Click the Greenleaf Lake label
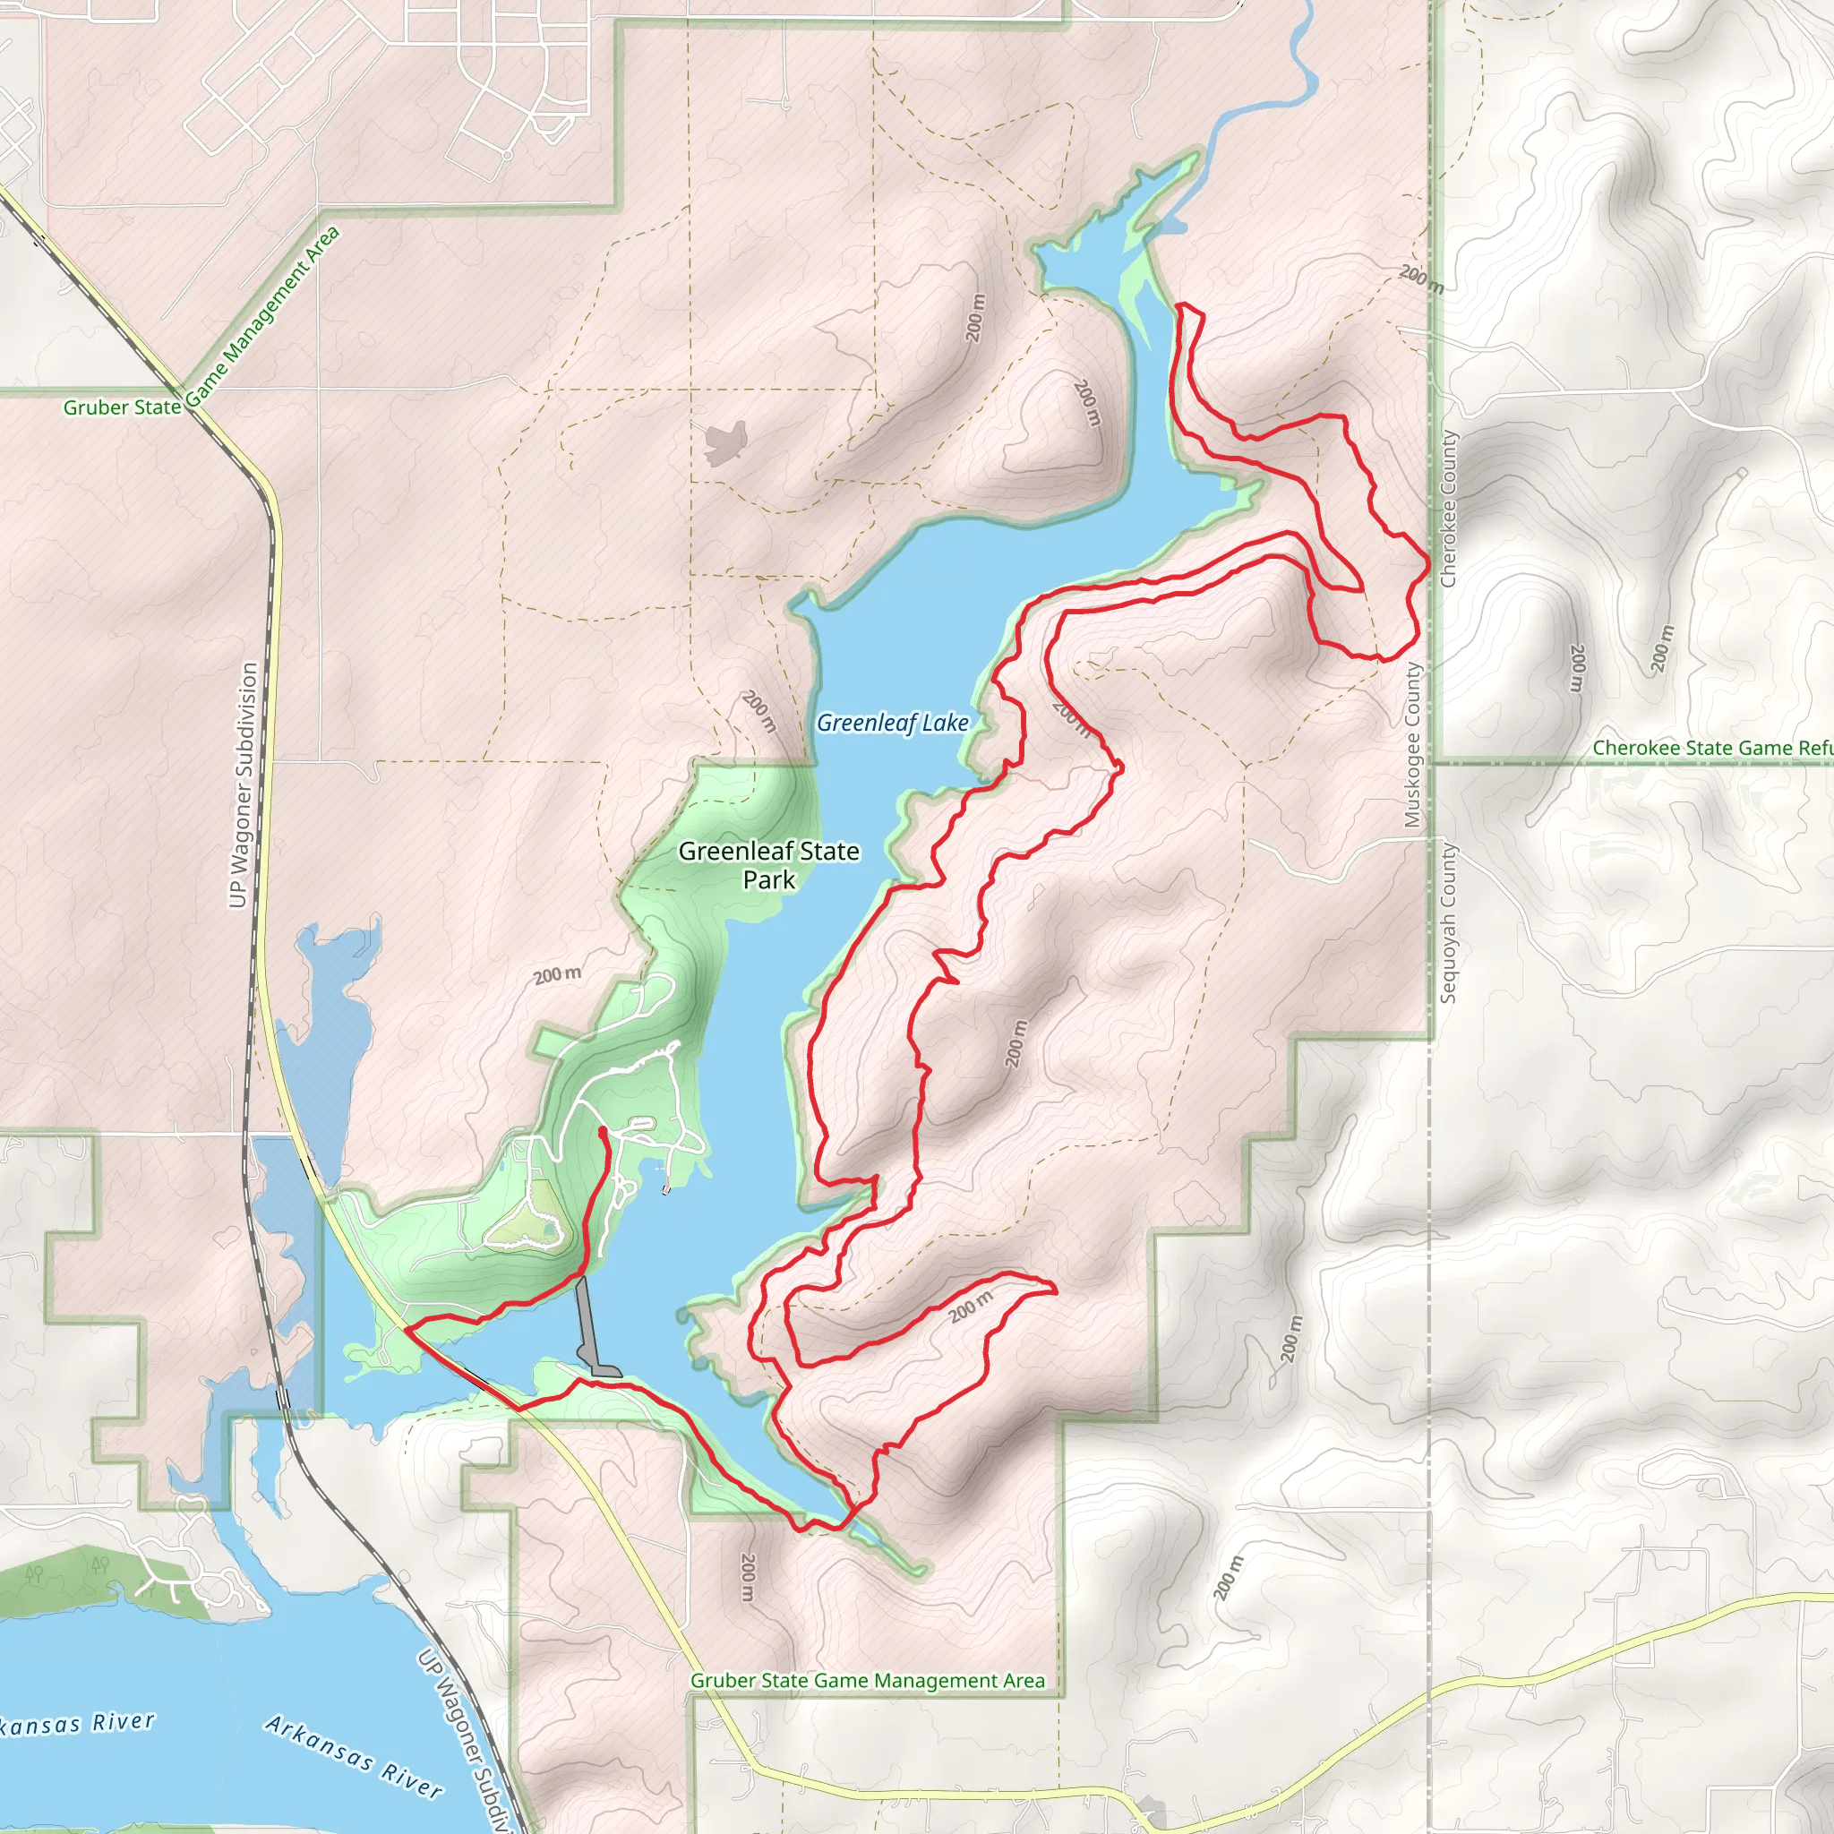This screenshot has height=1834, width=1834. point(892,724)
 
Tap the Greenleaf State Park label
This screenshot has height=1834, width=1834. point(769,865)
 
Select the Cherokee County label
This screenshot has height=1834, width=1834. point(1449,510)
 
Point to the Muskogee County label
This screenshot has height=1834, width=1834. point(1412,745)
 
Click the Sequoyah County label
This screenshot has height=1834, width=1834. point(1449,922)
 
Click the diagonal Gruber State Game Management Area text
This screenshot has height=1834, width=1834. point(261,318)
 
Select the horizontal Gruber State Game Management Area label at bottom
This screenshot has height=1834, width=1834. point(867,1681)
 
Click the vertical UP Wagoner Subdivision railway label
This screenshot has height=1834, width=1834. point(243,785)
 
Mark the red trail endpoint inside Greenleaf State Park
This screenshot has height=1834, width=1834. point(603,1131)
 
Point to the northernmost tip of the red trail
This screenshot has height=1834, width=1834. point(1182,304)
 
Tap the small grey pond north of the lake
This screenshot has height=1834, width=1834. point(726,442)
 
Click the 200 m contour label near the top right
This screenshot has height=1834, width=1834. point(1420,279)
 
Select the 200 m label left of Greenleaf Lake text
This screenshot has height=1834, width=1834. point(759,711)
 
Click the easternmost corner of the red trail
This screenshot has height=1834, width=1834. point(1428,565)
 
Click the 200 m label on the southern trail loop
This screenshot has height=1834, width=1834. point(970,1307)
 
